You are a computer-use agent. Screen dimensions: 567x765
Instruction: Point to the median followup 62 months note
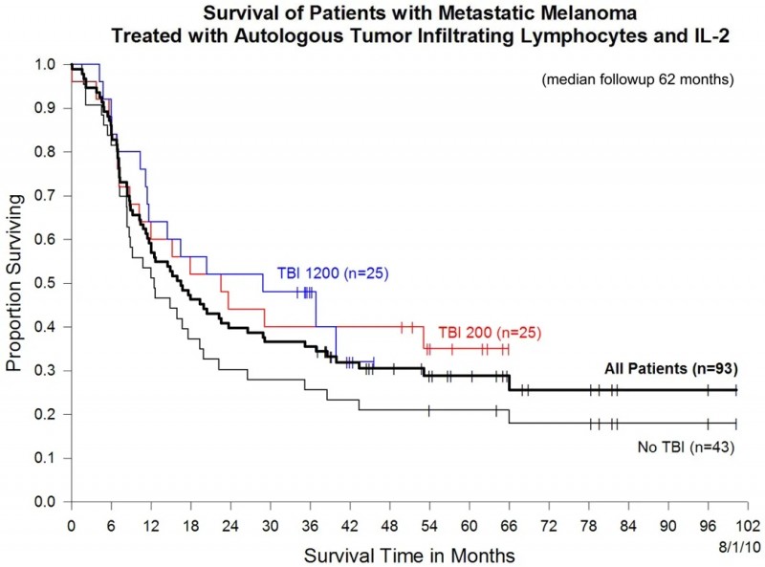pyautogui.click(x=637, y=80)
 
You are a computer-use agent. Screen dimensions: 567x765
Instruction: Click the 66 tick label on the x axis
pyautogui.click(x=509, y=526)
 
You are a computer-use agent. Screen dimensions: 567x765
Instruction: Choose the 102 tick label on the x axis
pyautogui.click(x=736, y=526)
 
